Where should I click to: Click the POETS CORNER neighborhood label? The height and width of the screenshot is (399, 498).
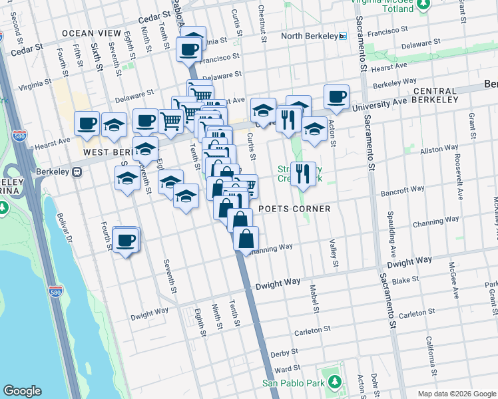point(294,209)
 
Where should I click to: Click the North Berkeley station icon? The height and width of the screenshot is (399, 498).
point(343,36)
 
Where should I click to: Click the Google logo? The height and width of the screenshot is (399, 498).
point(23,391)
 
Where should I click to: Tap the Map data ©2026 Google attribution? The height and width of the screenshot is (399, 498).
point(456,394)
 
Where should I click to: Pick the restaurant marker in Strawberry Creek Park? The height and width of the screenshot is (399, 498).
point(303,174)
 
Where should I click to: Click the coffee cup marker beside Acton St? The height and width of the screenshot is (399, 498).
point(337,97)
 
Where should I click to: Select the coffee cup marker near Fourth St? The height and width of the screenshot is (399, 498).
point(125,240)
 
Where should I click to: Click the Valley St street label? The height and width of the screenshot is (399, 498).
point(331,251)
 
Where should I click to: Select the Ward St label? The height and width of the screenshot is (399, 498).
point(284,368)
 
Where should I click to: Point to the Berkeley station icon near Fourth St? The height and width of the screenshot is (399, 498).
point(77,172)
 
